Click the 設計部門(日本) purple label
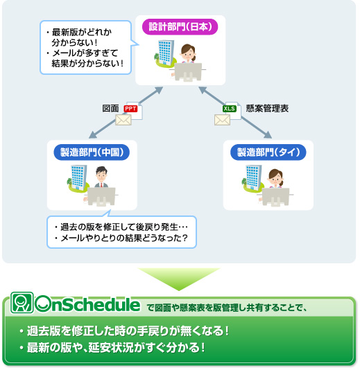[x=180, y=28]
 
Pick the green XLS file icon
[x=230, y=109]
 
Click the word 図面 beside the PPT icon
[x=111, y=109]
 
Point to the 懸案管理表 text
[x=268, y=109]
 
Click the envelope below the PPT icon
[x=123, y=121]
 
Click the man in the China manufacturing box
[x=101, y=182]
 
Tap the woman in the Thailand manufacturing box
[x=276, y=181]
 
